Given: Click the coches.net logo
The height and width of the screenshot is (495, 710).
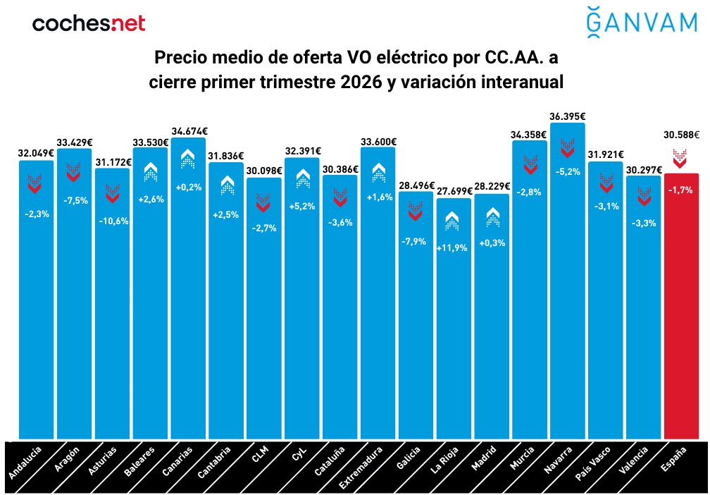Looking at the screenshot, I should [89, 23].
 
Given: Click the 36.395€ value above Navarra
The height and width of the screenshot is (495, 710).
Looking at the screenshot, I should [568, 116].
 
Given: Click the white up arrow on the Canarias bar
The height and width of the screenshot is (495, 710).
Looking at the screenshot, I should [188, 159].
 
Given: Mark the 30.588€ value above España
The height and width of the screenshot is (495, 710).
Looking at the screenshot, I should [680, 134].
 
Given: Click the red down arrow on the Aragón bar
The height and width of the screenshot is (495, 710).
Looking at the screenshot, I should [74, 171].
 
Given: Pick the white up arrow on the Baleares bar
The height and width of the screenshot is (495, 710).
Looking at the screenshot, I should [150, 171].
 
